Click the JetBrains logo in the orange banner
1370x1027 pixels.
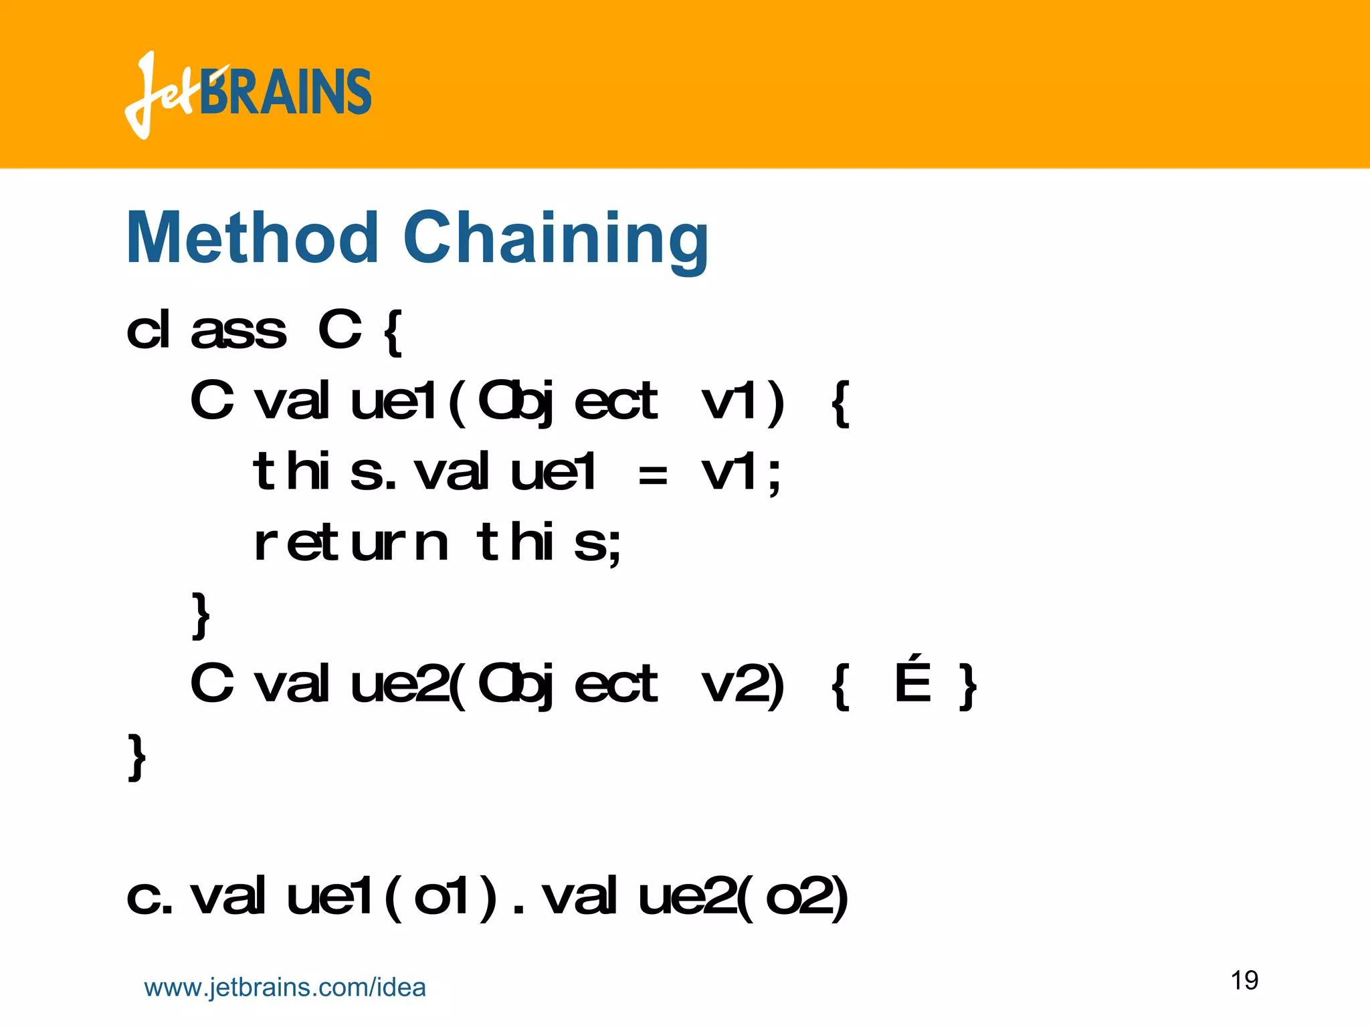248,94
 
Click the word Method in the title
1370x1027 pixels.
252,239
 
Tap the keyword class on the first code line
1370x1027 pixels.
206,330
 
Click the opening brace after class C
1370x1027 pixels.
393,332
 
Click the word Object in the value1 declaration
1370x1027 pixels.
568,403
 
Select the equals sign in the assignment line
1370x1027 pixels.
652,475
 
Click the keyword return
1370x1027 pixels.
351,544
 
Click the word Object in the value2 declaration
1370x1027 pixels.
568,685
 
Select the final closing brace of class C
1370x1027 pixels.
136,756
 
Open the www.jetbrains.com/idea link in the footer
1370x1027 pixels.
285,988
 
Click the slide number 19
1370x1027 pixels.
1244,980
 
